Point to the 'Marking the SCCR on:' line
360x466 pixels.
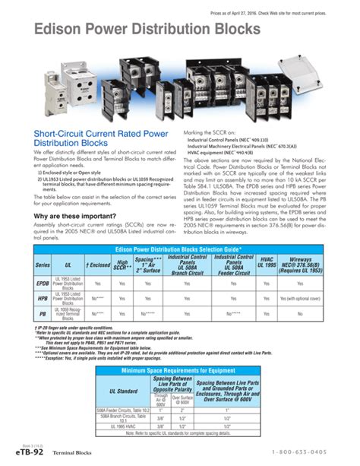click(x=215, y=132)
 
